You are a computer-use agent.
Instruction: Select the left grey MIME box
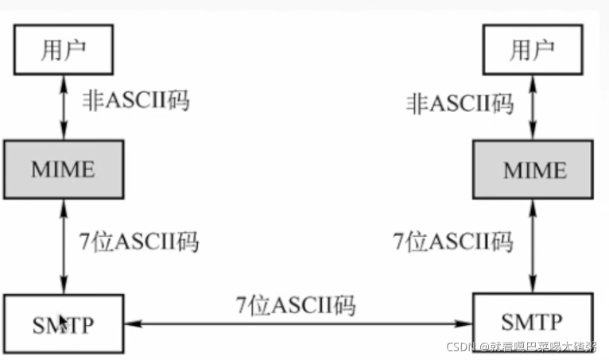pos(63,169)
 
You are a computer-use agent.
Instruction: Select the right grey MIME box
pos(532,170)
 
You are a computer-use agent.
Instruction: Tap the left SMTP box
pos(64,323)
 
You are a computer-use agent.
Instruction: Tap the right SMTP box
pos(531,322)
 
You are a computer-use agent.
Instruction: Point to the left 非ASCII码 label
pos(136,101)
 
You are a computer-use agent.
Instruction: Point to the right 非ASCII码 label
pos(460,103)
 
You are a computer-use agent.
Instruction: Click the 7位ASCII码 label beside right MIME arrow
pos(454,241)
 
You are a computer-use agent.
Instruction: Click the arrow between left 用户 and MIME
pos(64,106)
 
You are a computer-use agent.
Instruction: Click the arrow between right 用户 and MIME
pos(532,107)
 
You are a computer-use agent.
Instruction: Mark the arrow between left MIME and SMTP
pos(64,246)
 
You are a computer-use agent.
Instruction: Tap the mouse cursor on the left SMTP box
pos(63,322)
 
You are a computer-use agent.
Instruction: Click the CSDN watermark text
pos(520,347)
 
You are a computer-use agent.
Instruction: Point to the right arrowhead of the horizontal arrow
pos(467,324)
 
